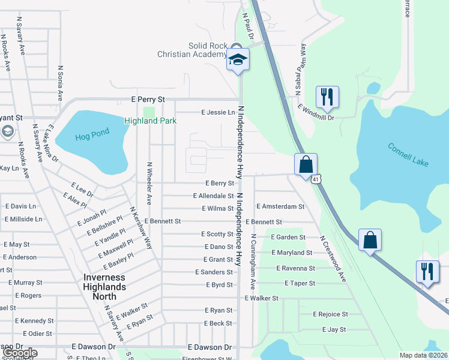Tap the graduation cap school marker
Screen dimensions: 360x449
(238, 61)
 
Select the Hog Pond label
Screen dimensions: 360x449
(89, 137)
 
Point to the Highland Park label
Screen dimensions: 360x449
(150, 121)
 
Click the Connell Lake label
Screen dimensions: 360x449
(408, 155)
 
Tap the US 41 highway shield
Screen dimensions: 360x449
(315, 179)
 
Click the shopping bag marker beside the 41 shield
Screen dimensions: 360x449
(306, 164)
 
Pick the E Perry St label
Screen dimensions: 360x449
(148, 99)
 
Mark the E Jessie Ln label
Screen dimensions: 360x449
(218, 112)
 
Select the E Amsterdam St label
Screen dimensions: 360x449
(280, 206)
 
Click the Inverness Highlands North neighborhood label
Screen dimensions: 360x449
(104, 282)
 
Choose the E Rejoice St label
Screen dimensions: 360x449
(330, 314)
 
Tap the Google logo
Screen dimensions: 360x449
(20, 353)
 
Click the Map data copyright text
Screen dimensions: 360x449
(424, 355)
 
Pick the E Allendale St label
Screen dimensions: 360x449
(213, 196)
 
